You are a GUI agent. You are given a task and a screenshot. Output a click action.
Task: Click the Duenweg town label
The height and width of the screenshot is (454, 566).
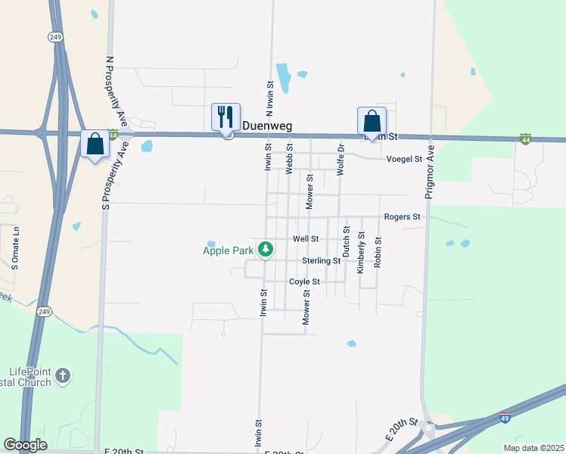click(266, 126)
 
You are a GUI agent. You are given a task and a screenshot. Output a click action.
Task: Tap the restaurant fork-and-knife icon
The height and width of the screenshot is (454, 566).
click(225, 117)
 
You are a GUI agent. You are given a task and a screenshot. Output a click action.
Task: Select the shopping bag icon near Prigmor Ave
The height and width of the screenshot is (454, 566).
click(372, 120)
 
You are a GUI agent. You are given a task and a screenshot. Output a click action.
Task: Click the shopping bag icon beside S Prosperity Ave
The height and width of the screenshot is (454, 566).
click(95, 143)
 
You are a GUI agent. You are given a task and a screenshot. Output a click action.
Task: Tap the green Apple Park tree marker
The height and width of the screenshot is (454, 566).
click(266, 248)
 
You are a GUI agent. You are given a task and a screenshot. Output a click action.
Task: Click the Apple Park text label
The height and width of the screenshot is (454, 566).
click(228, 250)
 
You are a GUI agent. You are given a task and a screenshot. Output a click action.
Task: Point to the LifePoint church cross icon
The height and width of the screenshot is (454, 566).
click(63, 375)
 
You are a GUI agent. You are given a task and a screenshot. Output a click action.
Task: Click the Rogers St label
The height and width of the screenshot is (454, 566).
click(402, 216)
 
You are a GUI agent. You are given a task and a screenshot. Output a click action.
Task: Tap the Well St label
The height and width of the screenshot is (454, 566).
click(306, 238)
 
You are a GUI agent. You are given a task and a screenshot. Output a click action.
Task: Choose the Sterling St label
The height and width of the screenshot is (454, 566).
click(321, 260)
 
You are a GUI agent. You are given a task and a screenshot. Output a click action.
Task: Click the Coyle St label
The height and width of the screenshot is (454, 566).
click(305, 281)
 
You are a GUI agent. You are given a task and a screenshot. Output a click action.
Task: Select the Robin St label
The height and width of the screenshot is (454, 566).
click(378, 254)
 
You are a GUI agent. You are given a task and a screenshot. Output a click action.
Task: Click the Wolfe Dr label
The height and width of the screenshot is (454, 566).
click(341, 160)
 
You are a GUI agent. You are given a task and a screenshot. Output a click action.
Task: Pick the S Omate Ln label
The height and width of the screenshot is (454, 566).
click(14, 247)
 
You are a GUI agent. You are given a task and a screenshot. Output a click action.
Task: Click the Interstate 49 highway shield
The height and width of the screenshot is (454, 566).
click(505, 417)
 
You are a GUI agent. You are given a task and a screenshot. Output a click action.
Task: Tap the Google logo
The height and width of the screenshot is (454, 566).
click(25, 445)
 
